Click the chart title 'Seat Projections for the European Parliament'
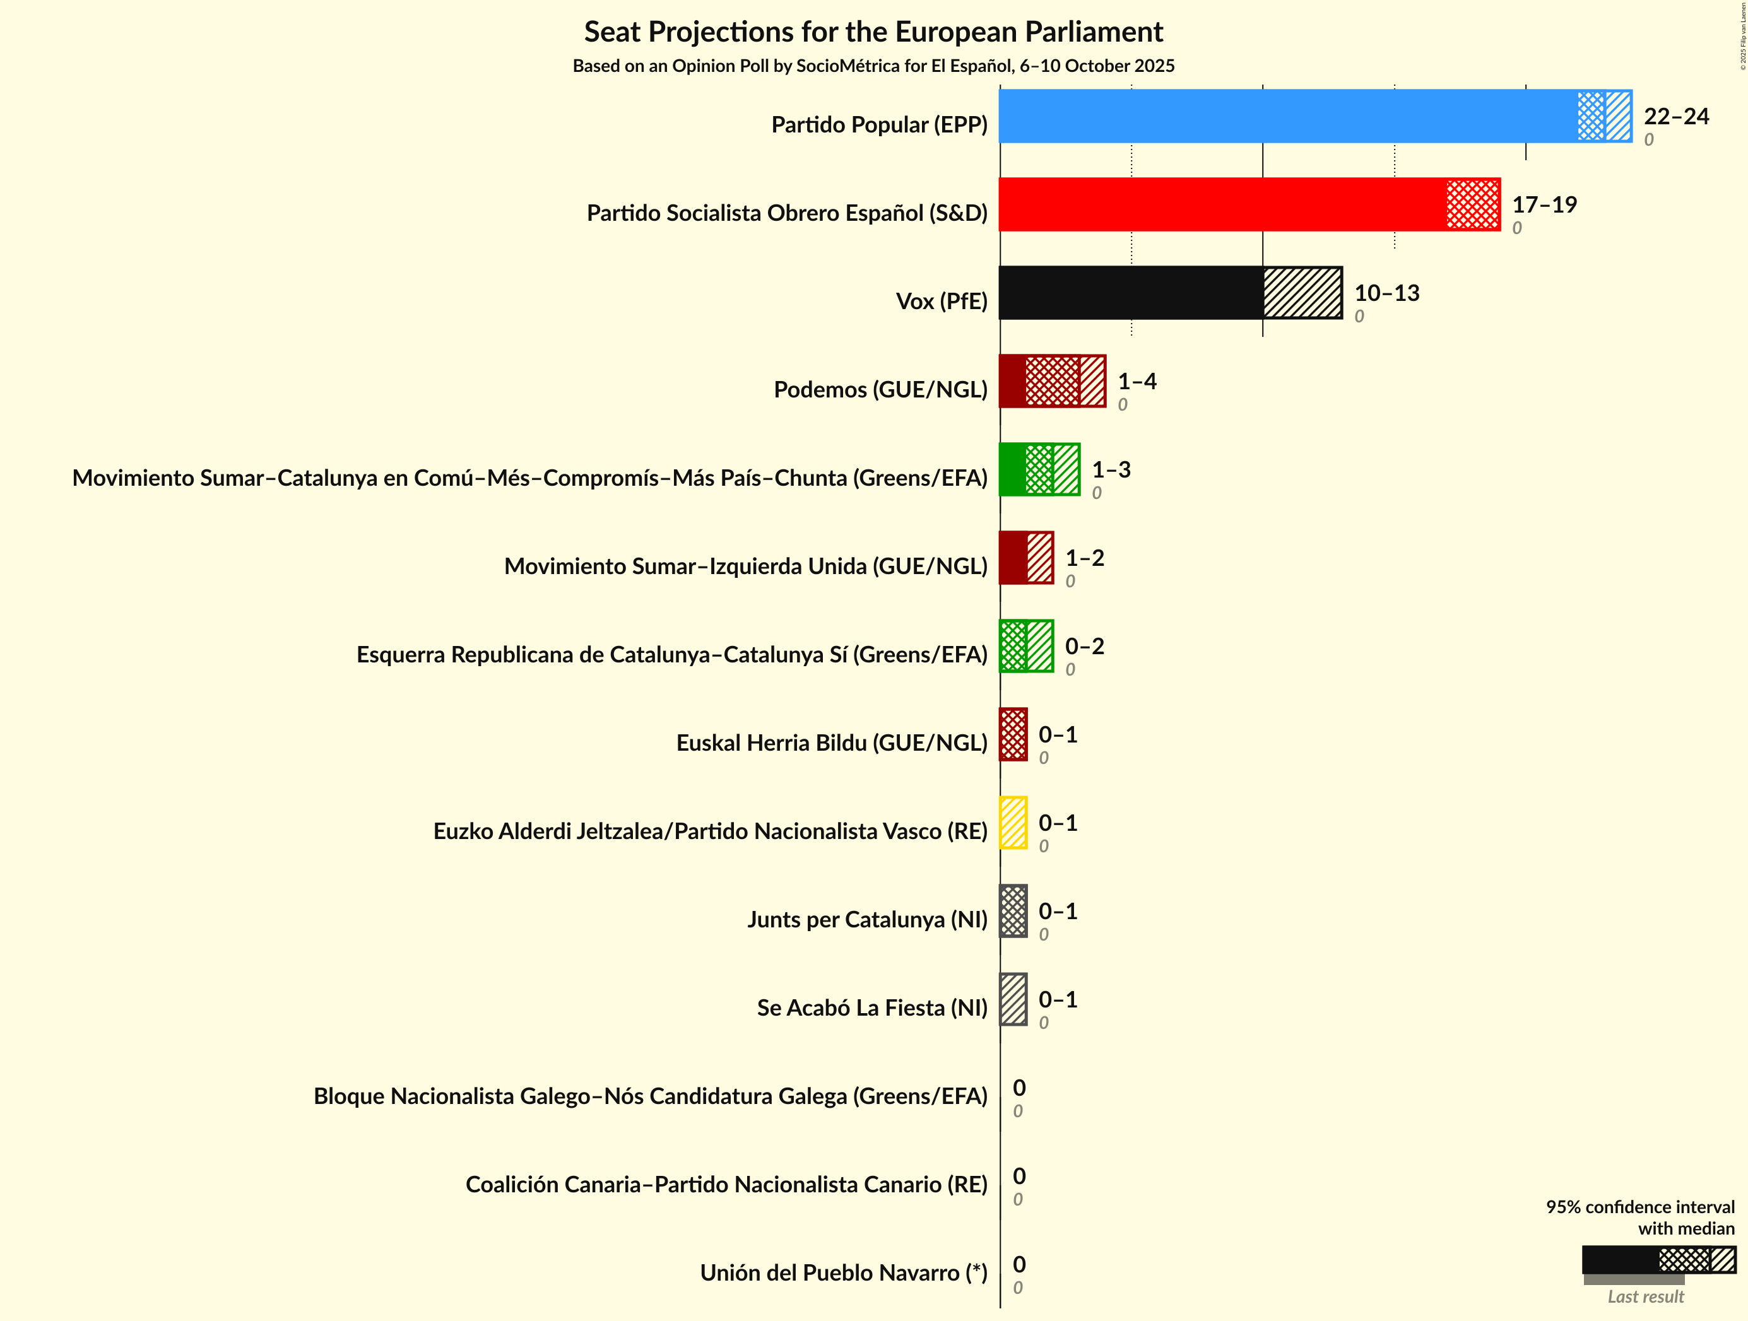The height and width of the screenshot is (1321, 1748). pos(873,32)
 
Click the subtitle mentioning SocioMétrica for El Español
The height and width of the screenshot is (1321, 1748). pos(873,66)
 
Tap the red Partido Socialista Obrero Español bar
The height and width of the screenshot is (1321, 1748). pos(1249,204)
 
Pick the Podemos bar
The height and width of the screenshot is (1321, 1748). pos(1052,382)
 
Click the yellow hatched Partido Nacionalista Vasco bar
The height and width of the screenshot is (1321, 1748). pos(1013,823)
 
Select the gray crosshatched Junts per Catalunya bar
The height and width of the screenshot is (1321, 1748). pos(1013,912)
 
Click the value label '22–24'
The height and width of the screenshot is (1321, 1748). pos(1676,117)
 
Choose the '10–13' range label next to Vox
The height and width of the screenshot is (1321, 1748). pos(1387,294)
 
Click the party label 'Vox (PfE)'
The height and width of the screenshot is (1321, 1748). pos(941,302)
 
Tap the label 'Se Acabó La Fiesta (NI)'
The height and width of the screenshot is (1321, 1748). pos(871,1008)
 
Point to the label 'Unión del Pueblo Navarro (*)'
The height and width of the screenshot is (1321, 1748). pos(843,1273)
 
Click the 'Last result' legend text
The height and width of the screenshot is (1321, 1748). pos(1645,1296)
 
